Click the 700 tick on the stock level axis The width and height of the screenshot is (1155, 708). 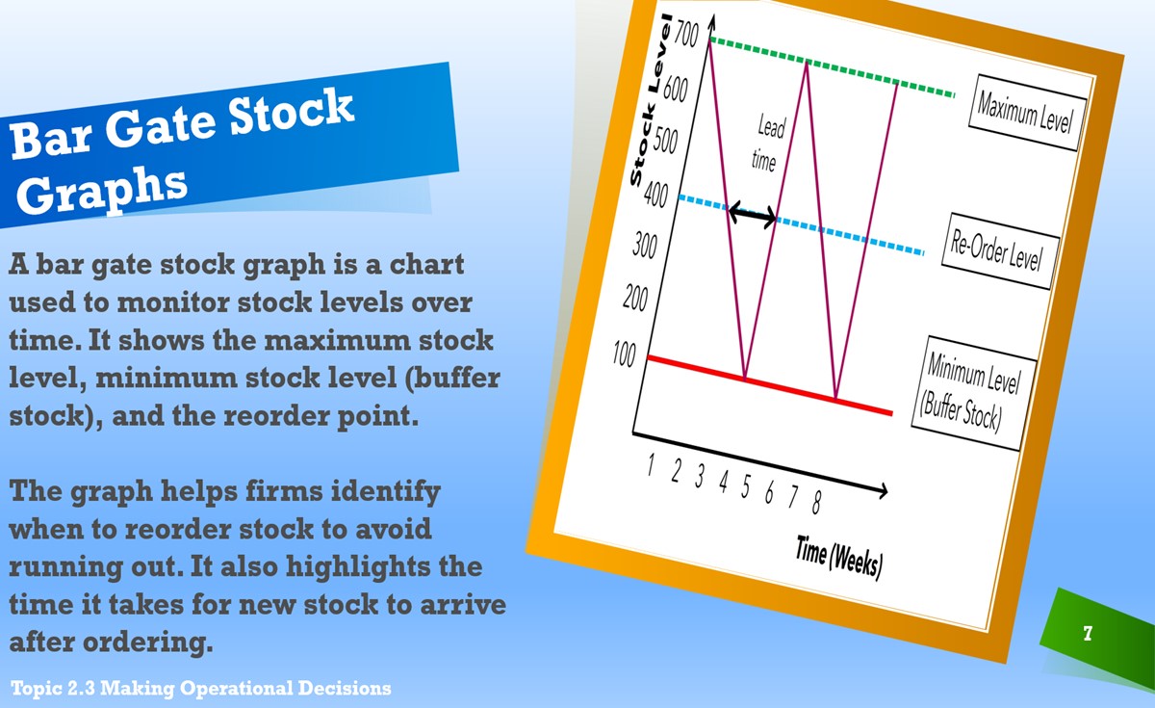point(687,34)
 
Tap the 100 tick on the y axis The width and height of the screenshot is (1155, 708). point(625,354)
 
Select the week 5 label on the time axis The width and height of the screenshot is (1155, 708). point(746,486)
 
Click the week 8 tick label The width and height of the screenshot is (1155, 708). point(816,502)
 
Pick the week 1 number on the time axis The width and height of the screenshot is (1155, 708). point(652,464)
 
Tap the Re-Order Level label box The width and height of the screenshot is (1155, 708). point(1000,250)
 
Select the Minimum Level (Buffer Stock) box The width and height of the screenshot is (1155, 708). point(973,393)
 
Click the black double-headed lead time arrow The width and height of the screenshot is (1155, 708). point(753,215)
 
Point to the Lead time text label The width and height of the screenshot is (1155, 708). point(768,143)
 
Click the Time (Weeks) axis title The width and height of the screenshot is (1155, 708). point(839,558)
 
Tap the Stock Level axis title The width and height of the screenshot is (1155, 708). point(651,99)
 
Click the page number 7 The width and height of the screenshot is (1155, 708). point(1088,633)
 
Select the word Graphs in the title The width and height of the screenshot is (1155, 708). point(102,192)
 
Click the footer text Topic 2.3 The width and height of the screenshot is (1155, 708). point(53,689)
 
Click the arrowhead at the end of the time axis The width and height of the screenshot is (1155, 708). point(883,490)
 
